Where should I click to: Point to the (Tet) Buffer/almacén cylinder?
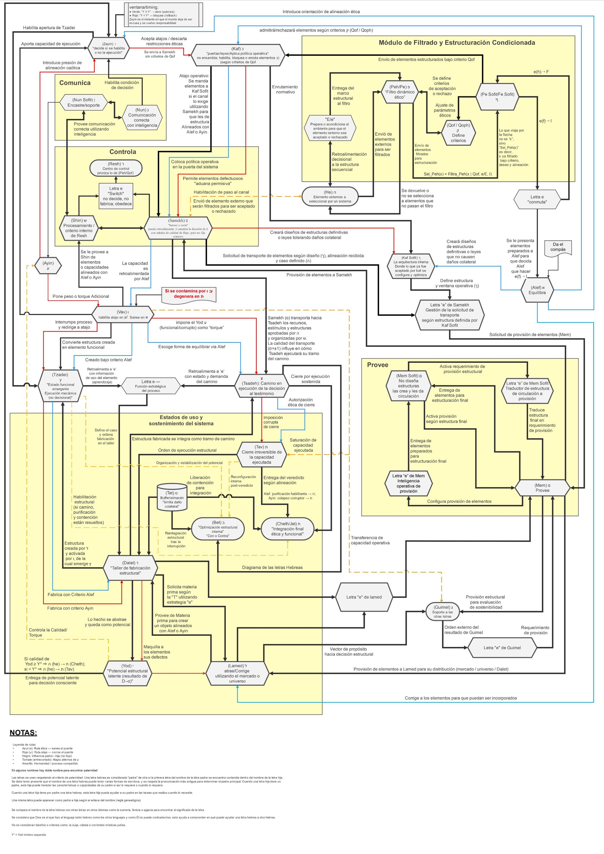(x=172, y=497)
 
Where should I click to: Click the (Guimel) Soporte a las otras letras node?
(x=442, y=612)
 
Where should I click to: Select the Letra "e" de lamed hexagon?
(x=364, y=597)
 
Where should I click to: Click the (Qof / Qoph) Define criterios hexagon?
(x=458, y=133)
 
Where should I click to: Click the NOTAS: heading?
(x=23, y=733)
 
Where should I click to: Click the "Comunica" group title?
(x=75, y=83)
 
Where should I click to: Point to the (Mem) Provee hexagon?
(x=542, y=488)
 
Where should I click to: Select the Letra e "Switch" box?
(x=115, y=196)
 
